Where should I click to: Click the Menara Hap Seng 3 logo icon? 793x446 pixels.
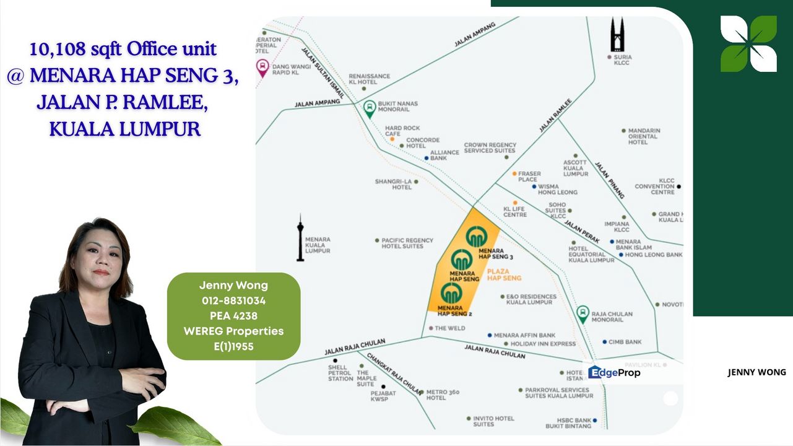pyautogui.click(x=477, y=237)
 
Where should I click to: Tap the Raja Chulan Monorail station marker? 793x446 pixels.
pyautogui.click(x=583, y=314)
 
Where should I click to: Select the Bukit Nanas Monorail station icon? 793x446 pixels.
pyautogui.click(x=370, y=109)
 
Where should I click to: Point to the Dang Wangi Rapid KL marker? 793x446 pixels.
pyautogui.click(x=262, y=68)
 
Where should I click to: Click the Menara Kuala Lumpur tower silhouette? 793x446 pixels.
pyautogui.click(x=300, y=238)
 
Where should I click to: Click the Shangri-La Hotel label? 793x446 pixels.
pyautogui.click(x=393, y=184)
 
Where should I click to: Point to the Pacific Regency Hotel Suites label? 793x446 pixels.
pyautogui.click(x=407, y=243)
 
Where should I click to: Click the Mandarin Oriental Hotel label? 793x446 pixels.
pyautogui.click(x=644, y=136)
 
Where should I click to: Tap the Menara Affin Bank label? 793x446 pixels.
pyautogui.click(x=524, y=335)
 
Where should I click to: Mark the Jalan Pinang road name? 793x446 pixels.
pyautogui.click(x=610, y=180)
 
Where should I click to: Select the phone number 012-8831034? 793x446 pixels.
pyautogui.click(x=233, y=300)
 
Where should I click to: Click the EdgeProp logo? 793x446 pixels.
pyautogui.click(x=614, y=372)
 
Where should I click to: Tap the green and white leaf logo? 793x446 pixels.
pyautogui.click(x=748, y=43)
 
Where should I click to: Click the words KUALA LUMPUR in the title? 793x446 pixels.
pyautogui.click(x=124, y=129)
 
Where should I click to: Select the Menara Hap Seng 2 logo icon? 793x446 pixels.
pyautogui.click(x=451, y=292)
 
